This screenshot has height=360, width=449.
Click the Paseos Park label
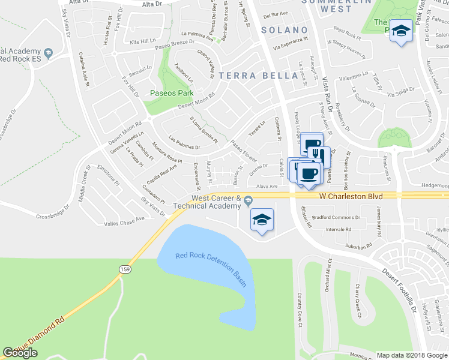pyautogui.click(x=171, y=94)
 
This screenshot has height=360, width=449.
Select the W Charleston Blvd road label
pyautogui.click(x=351, y=196)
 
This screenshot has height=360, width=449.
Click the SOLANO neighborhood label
pyautogui.click(x=285, y=30)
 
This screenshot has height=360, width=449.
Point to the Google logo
pyautogui.click(x=20, y=352)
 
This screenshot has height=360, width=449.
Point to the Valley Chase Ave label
pyautogui.click(x=125, y=221)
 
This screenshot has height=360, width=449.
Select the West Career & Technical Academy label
pyautogui.click(x=215, y=202)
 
